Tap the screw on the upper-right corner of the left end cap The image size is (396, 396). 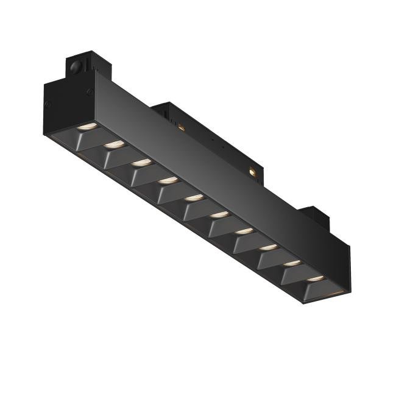click(x=90, y=92)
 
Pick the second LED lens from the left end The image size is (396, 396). click(x=115, y=144)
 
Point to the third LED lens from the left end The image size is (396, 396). click(x=141, y=161)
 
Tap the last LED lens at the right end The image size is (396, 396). click(x=316, y=278)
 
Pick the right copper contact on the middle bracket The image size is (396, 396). click(x=251, y=173)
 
